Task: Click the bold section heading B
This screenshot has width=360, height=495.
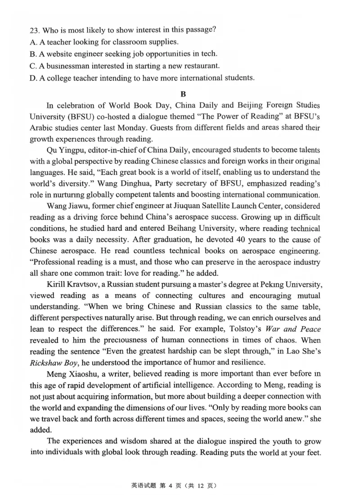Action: pyautogui.click(x=182, y=94)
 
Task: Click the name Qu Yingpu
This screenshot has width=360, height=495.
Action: pyautogui.click(x=65, y=149)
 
